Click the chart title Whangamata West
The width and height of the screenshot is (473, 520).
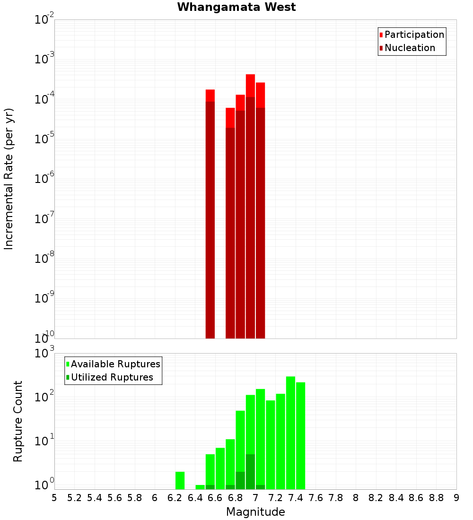236,7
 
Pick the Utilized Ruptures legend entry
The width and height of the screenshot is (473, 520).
112,377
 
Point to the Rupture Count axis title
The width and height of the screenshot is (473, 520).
18,421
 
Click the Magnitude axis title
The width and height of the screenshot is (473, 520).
255,512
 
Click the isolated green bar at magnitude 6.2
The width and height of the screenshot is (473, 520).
180,480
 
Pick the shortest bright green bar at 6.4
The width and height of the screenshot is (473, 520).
200,487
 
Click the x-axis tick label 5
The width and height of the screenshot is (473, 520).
54,497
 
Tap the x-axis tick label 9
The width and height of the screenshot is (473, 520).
456,497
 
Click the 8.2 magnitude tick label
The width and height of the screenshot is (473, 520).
376,497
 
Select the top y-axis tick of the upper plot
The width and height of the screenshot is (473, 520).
44,20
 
